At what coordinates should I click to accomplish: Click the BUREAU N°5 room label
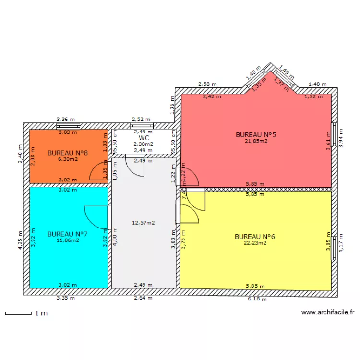pos(255,135)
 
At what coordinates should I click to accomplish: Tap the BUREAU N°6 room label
pos(254,237)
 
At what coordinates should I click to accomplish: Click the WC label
pos(144,138)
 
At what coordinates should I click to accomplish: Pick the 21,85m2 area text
pos(255,141)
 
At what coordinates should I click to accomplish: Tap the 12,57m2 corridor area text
pos(144,222)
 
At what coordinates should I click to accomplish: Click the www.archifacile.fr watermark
pos(328,312)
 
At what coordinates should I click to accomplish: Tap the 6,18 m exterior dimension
pos(257,299)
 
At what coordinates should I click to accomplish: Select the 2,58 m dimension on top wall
pos(207,84)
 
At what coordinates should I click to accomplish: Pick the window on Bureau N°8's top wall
pos(68,126)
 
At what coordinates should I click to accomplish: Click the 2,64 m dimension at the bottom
pos(143,298)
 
